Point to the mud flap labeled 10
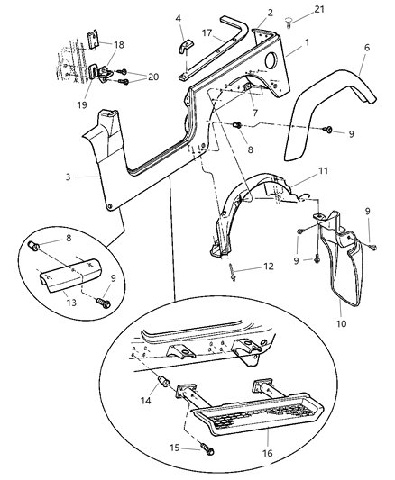point(344,270)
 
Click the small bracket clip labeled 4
point(185,48)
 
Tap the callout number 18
point(118,43)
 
